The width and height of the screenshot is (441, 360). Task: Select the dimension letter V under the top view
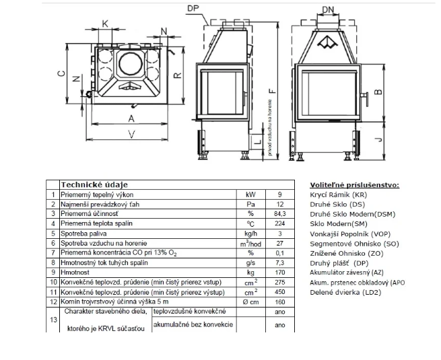coord(130,135)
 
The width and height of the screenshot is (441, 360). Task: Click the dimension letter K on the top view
coord(104,24)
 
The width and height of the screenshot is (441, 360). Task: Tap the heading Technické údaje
coord(94,184)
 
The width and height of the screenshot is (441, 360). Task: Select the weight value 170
coord(279,273)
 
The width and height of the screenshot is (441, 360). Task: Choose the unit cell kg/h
coord(250,233)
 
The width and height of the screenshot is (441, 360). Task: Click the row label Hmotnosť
coord(79,273)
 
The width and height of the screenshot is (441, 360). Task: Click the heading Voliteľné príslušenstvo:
coord(354,184)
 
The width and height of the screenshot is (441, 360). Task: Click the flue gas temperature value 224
coord(279,223)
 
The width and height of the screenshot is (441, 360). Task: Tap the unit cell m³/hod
coord(250,243)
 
